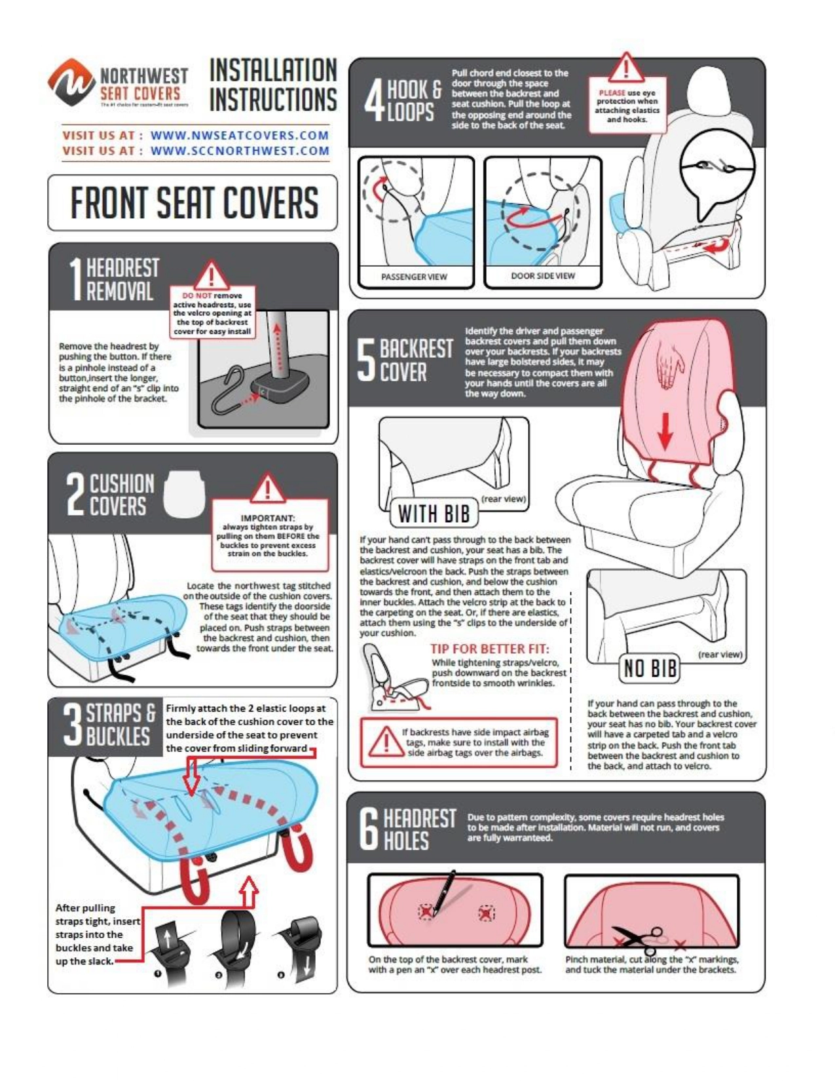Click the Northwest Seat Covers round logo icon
71,82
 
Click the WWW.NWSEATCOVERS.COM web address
240,136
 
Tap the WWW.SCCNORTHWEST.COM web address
240,151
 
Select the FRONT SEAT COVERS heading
194,203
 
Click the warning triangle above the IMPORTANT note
268,488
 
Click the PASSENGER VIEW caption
415,276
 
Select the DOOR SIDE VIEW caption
543,276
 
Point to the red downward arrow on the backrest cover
665,432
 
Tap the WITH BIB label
434,514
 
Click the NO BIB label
650,669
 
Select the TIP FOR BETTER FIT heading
490,649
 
